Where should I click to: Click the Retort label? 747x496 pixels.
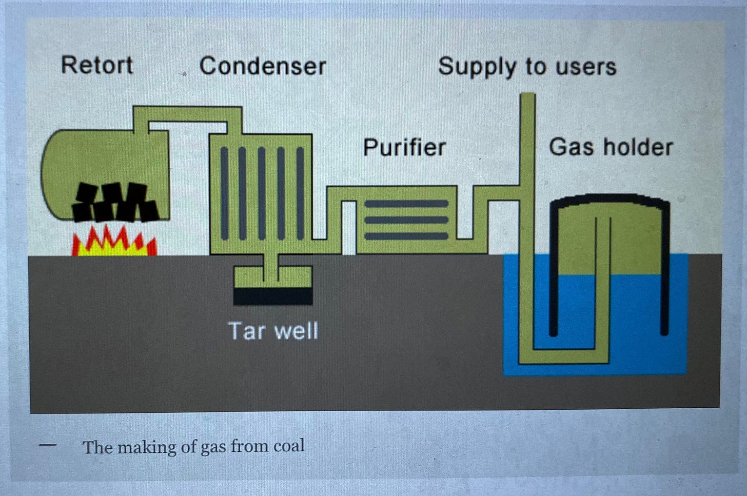point(97,65)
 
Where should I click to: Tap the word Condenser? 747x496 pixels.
point(262,66)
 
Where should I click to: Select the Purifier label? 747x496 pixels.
point(404,147)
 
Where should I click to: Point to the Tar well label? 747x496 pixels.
point(273,331)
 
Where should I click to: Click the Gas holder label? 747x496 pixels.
point(611,147)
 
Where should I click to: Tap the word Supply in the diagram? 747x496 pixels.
point(477,67)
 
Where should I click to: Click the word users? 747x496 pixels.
point(588,67)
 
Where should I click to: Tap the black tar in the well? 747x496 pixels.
point(273,296)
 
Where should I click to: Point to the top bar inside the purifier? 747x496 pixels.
point(406,204)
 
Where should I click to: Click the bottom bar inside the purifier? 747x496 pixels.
point(406,236)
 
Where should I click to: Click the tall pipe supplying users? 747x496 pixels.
point(527,138)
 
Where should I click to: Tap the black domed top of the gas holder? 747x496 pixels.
point(610,200)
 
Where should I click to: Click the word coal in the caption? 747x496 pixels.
point(289,446)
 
